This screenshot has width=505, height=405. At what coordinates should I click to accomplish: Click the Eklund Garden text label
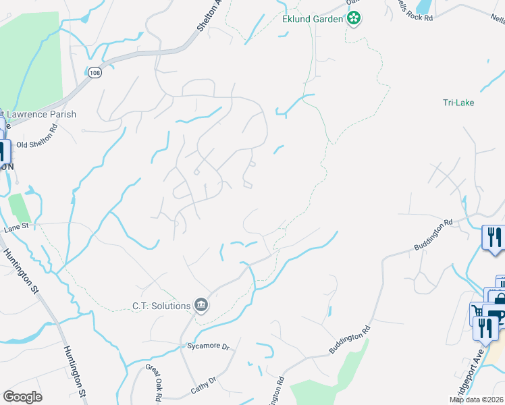(x=313, y=19)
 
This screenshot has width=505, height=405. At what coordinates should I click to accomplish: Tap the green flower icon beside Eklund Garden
(x=354, y=19)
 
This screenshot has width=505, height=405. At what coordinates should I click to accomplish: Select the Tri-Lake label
(x=458, y=103)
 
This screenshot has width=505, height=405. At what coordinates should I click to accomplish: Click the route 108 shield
(x=95, y=73)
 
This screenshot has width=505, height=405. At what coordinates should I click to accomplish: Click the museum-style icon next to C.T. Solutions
(x=201, y=306)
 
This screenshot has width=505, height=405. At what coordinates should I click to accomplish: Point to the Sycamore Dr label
(x=209, y=347)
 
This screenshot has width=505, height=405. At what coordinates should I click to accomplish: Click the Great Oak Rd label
(x=153, y=384)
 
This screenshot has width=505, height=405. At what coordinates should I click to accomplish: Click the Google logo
(x=22, y=397)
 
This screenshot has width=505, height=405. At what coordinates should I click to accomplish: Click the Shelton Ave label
(x=218, y=15)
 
